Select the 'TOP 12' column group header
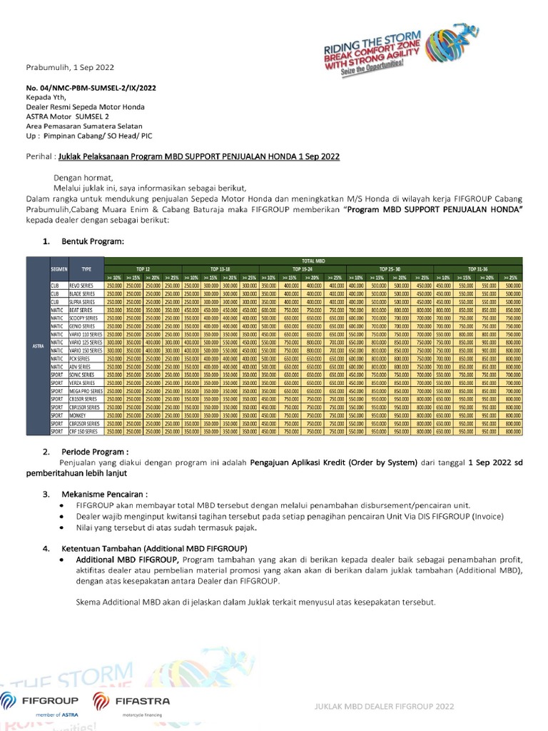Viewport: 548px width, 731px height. (x=143, y=268)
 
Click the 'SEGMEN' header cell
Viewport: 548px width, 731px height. (x=59, y=269)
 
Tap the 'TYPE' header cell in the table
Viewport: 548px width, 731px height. (x=86, y=269)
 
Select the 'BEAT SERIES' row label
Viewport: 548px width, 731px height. (x=81, y=311)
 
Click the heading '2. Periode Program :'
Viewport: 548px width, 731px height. (x=85, y=451)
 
